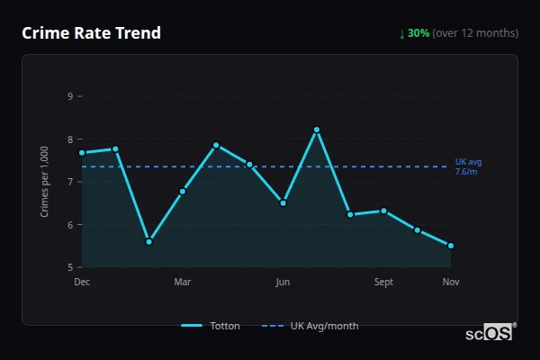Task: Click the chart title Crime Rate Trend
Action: point(92,33)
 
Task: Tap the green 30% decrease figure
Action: point(418,33)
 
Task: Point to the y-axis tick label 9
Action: point(69,96)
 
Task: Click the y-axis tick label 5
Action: point(69,267)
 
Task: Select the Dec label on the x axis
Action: point(82,282)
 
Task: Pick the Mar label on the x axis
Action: point(183,282)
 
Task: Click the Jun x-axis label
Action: point(283,282)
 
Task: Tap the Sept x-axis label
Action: point(383,282)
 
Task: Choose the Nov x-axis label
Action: point(451,282)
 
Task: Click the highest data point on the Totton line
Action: point(317,130)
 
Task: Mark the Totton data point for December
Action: point(82,153)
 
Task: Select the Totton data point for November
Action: point(451,246)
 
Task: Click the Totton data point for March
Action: point(183,191)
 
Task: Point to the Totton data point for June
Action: point(283,203)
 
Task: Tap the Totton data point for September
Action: point(383,211)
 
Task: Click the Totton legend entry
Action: point(211,326)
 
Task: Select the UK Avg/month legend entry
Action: point(310,326)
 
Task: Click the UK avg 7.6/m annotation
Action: point(468,166)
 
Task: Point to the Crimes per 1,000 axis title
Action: point(45,182)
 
